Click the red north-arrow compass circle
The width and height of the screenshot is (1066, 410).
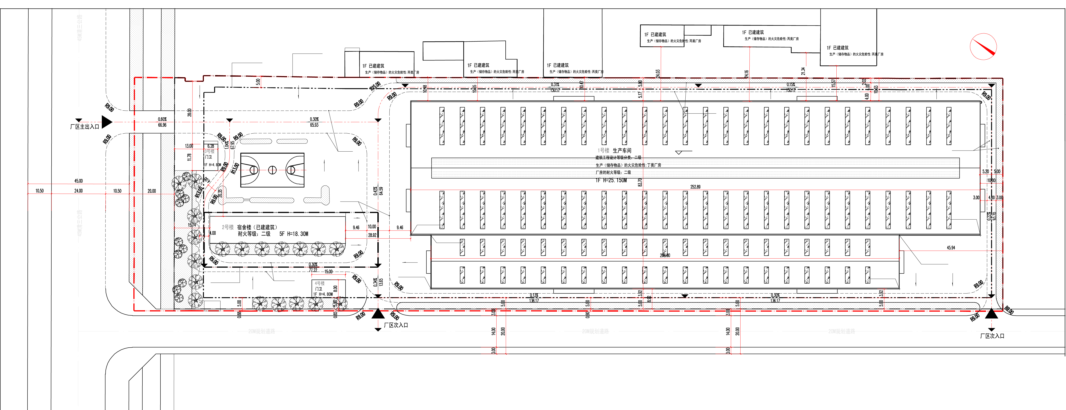point(983,46)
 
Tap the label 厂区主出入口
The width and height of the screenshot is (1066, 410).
point(84,127)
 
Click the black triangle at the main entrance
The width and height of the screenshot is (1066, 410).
point(107,122)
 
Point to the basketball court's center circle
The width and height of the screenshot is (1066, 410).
point(272,170)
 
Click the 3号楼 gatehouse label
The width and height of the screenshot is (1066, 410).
point(209,152)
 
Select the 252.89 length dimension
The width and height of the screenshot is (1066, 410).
point(695,187)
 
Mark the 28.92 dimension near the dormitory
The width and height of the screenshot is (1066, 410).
point(372,235)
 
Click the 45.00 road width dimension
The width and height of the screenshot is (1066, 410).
point(78,181)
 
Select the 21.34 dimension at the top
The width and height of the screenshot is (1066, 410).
point(803,71)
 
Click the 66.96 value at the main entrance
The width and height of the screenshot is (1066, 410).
point(162,125)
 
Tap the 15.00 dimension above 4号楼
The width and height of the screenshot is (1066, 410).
point(328,271)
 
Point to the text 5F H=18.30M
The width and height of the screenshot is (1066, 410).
point(294,234)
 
